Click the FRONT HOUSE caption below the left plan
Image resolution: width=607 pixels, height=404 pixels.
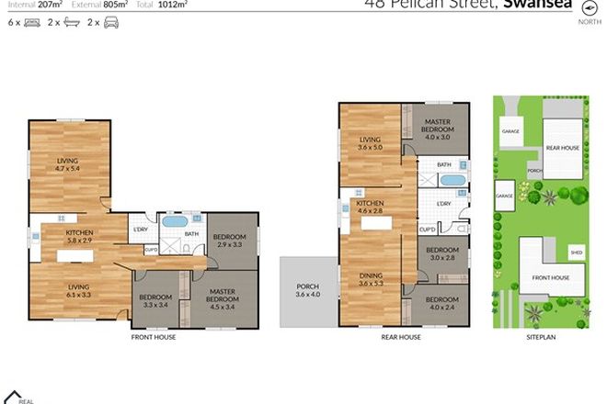pyautogui.click(x=154, y=337)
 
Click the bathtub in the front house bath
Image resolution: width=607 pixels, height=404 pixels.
pyautogui.click(x=174, y=221)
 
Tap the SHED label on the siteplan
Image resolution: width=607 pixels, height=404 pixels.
pyautogui.click(x=575, y=252)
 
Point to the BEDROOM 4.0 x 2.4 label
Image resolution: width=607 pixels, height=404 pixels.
pyautogui.click(x=442, y=304)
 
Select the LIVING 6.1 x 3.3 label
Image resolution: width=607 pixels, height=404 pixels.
pyautogui.click(x=77, y=292)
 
